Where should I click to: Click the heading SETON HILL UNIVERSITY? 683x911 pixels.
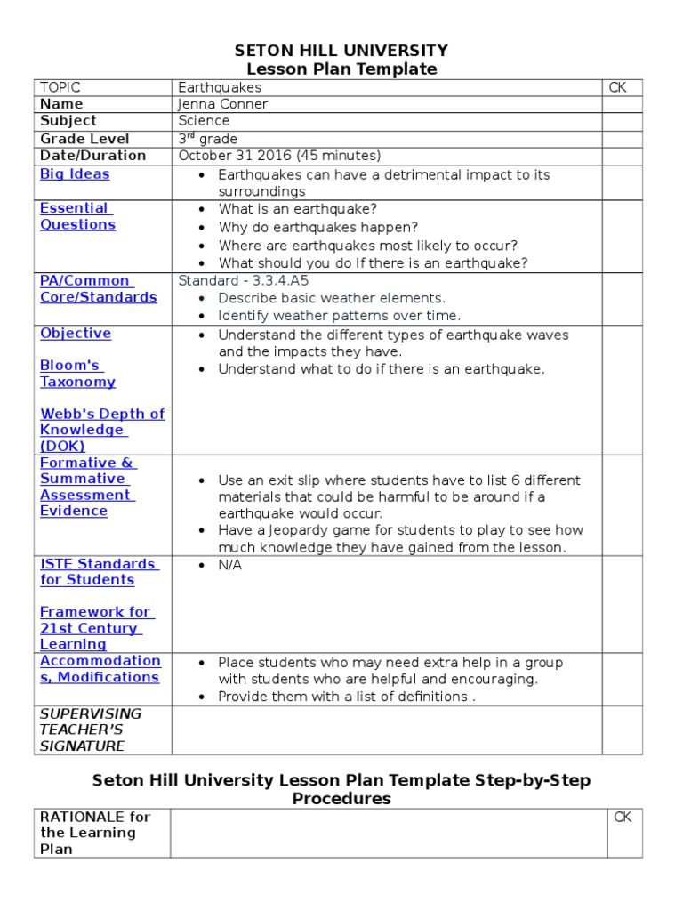[341, 50]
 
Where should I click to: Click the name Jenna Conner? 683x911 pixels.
[222, 104]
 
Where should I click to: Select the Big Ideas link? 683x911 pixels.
[75, 174]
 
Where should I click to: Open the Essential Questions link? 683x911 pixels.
[76, 216]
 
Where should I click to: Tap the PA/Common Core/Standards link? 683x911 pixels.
[98, 289]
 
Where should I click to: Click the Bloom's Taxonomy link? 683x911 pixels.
[77, 374]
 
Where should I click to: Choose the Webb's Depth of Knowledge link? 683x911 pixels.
[101, 430]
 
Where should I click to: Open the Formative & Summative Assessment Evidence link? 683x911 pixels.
[87, 487]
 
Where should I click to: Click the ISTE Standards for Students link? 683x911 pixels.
[99, 572]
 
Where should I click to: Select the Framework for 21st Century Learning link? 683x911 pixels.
[96, 628]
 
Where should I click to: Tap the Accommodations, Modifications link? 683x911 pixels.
[100, 669]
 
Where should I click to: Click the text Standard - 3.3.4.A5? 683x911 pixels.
[243, 280]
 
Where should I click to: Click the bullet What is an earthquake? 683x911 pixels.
[297, 209]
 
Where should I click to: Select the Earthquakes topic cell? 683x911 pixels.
[220, 87]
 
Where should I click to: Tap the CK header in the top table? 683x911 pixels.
[618, 87]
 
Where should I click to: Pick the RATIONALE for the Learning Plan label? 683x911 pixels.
[95, 833]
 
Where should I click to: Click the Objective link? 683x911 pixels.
[76, 334]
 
